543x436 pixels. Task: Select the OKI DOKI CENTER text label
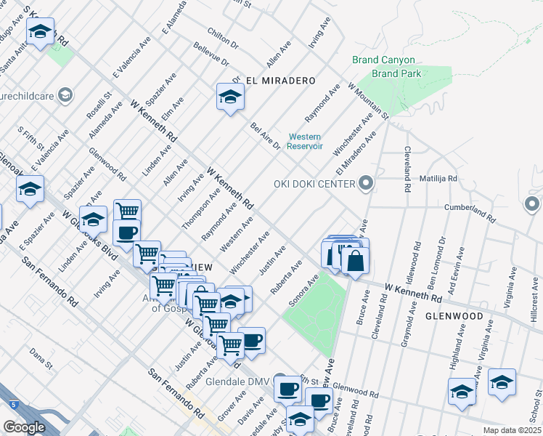tap(314, 183)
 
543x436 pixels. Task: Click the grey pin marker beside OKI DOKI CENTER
tap(365, 183)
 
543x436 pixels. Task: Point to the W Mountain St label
tap(369, 101)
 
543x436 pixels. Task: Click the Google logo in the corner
tap(24, 427)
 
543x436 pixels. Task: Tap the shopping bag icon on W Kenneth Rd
tap(355, 261)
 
